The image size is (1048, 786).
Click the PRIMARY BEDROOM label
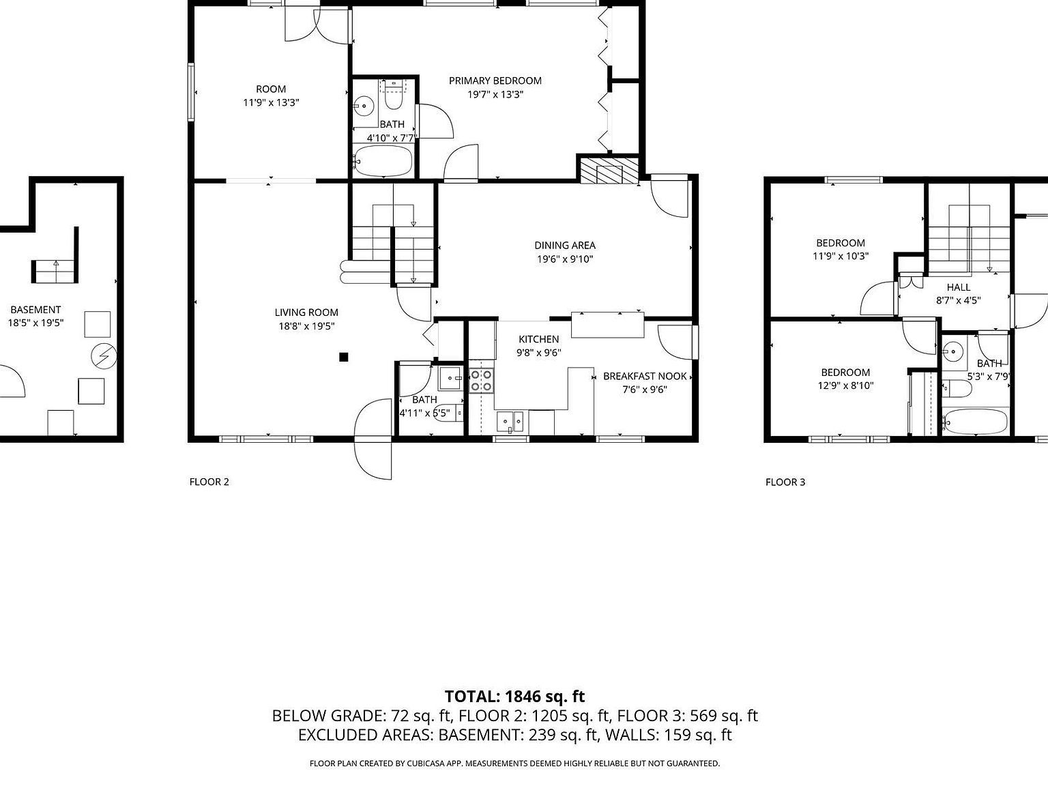[495, 81]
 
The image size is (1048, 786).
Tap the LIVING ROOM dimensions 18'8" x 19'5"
[306, 326]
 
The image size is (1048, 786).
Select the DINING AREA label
[564, 245]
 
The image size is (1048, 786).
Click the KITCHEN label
[538, 339]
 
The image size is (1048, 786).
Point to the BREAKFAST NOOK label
[644, 376]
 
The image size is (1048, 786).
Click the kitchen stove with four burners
[481, 381]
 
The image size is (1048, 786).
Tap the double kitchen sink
[510, 422]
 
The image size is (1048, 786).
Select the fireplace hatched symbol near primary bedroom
[609, 171]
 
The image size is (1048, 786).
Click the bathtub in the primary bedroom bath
[383, 162]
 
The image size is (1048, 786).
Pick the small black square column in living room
[344, 356]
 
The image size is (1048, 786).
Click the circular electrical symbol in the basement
[105, 355]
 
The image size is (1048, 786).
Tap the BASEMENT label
[35, 309]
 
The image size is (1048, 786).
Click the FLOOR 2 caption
[209, 482]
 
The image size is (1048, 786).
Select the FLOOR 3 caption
[785, 482]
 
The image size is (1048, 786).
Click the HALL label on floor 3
[958, 287]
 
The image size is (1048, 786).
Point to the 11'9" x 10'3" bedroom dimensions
[840, 257]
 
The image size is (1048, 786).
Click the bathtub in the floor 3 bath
[975, 421]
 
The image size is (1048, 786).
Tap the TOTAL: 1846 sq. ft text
[514, 697]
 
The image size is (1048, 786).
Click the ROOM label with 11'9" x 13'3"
[271, 89]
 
